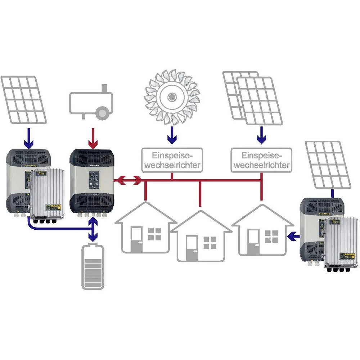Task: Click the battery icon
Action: pos(93,267)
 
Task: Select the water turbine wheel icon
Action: pos(172,97)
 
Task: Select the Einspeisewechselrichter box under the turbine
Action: pos(172,160)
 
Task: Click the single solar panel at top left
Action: pos(24,99)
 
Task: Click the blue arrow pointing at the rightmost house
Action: pos(293,236)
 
